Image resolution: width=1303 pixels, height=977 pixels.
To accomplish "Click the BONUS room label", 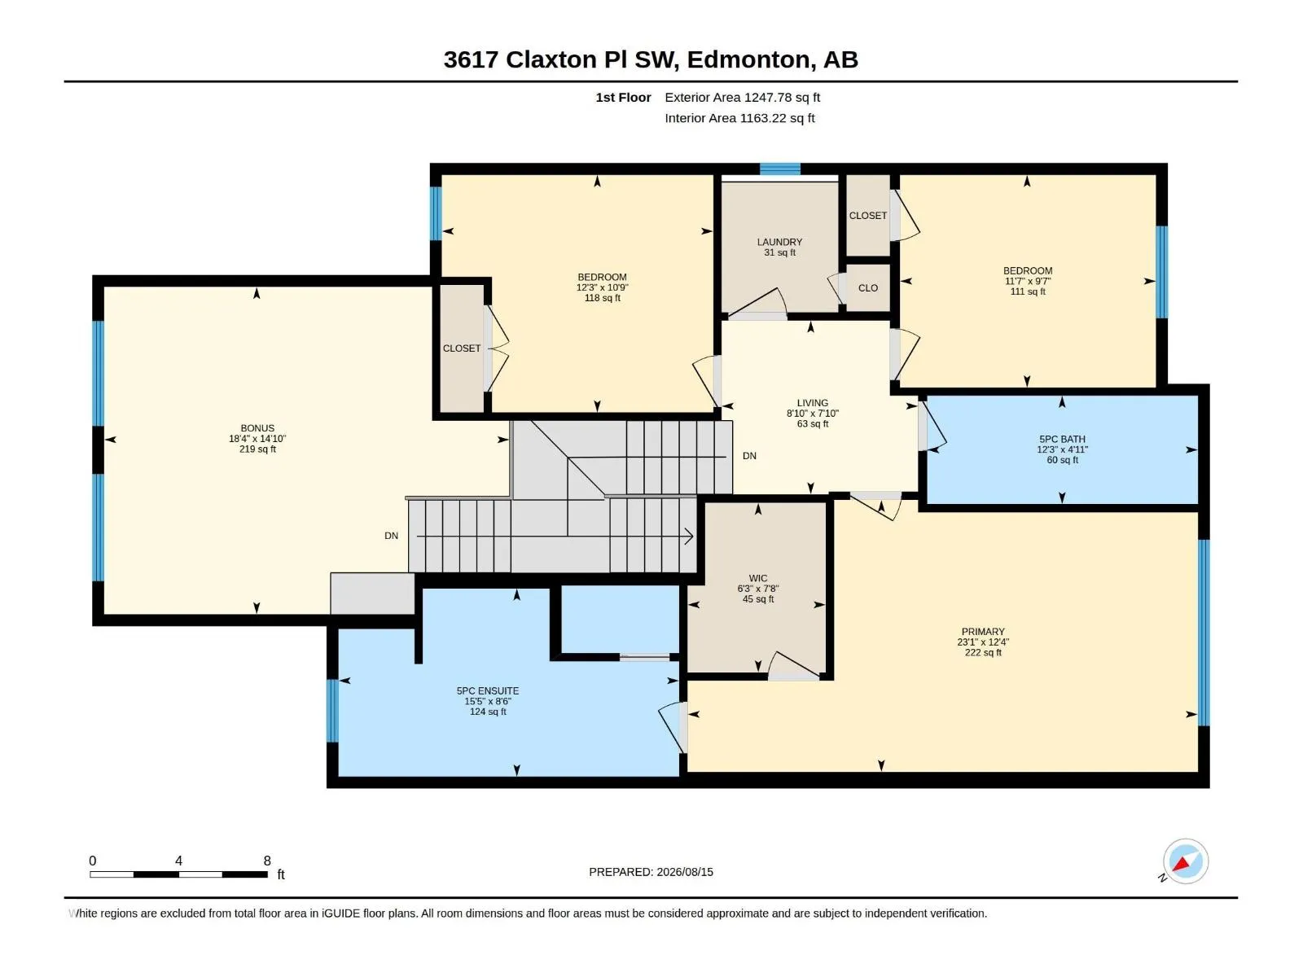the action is point(257,428).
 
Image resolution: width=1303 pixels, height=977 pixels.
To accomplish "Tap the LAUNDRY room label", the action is point(779,242).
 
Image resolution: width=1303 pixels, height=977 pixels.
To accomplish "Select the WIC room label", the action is point(757,578).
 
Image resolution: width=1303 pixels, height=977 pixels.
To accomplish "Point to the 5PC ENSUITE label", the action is point(487,691).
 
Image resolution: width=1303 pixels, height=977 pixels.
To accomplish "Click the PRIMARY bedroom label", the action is point(982,632).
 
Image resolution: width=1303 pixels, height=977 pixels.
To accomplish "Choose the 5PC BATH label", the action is point(1062,440).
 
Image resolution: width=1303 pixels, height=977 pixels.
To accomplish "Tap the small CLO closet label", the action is point(867,287).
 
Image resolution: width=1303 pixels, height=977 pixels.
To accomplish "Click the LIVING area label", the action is point(812,403).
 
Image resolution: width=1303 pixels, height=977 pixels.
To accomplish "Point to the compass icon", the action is point(1185,861).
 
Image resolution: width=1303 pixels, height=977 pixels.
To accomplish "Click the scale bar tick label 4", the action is point(178,861).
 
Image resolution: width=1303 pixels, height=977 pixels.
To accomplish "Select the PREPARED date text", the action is point(651,872).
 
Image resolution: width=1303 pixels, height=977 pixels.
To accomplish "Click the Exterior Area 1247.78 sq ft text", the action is point(742,97).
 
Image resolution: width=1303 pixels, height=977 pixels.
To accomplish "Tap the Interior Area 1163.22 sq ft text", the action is point(739,118).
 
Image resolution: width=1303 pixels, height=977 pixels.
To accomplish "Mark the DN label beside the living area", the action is point(749,456).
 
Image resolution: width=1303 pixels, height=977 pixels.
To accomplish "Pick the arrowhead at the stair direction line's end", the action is point(689,537).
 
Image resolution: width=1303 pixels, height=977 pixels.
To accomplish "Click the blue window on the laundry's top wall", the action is point(779,169).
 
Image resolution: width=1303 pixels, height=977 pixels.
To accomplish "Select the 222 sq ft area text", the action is point(982,652).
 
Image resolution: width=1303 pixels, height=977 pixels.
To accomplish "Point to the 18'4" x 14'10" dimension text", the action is point(257,439).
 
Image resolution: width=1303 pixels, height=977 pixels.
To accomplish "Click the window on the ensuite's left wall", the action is point(332,711).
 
